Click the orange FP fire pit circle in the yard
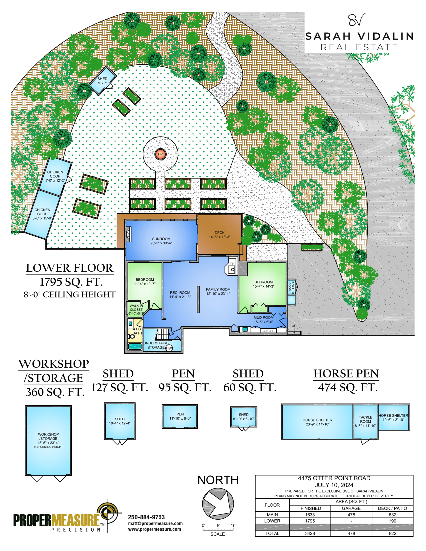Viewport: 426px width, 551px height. coord(160,154)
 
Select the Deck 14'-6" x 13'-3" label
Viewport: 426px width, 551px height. coord(219,235)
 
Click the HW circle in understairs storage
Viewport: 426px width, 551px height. coord(169,348)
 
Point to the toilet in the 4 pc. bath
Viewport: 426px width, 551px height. coord(131,337)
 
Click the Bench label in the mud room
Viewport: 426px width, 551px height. coord(268,331)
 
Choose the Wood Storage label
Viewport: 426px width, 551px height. coord(291,287)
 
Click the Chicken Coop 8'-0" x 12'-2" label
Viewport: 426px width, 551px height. coord(55,176)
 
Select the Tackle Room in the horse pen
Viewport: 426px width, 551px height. coord(365,421)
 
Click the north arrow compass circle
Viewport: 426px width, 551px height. coord(218,504)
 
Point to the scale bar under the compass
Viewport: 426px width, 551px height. coord(218,528)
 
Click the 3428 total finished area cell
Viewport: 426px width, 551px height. coord(310,533)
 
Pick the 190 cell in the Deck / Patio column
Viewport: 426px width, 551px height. coord(392,521)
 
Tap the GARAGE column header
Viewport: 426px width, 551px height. coord(351,508)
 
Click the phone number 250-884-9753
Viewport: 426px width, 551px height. coord(146,517)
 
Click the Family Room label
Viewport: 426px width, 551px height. coord(218,291)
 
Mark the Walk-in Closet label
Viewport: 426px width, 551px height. coord(136,310)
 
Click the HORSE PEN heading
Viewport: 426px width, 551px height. coord(346,374)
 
